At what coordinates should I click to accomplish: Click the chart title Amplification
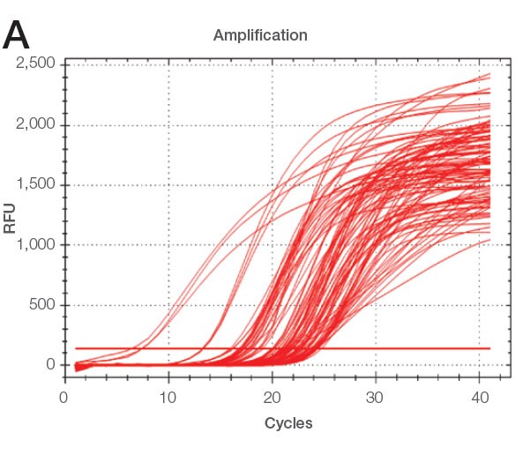point(259,36)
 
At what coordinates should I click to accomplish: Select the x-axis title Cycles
point(288,423)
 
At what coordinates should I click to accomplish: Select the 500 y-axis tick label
point(41,305)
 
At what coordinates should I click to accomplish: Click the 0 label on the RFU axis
point(50,365)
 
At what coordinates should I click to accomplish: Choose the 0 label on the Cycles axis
point(63,397)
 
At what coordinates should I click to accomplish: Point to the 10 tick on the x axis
point(168,397)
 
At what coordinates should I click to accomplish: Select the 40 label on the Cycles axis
point(480,397)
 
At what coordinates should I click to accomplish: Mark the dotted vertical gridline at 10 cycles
point(168,220)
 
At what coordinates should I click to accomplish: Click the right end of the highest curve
point(489,74)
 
